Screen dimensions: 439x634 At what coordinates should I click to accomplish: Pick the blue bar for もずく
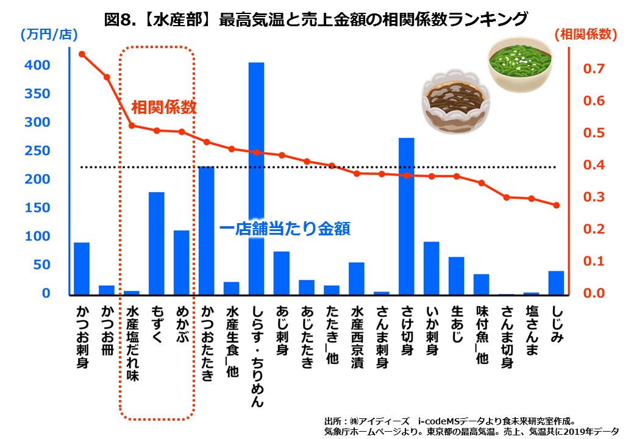pos(157,243)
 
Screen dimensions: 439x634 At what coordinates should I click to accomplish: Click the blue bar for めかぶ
pos(182,262)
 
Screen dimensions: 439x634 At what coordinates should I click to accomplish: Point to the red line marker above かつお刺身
pos(82,54)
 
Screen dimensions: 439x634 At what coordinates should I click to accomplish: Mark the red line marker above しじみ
pos(556,205)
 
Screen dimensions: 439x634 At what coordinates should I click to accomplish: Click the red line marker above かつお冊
pos(107,77)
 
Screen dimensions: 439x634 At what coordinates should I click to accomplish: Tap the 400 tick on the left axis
pos(38,65)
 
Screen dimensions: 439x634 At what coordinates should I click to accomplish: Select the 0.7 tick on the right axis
pos(594,69)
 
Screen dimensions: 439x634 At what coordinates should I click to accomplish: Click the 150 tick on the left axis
pos(38,208)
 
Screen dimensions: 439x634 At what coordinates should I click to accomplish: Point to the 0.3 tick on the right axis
pos(594,197)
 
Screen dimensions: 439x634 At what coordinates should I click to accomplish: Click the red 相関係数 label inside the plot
pos(164,108)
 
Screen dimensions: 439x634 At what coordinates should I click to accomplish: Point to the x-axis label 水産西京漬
pos(357,335)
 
